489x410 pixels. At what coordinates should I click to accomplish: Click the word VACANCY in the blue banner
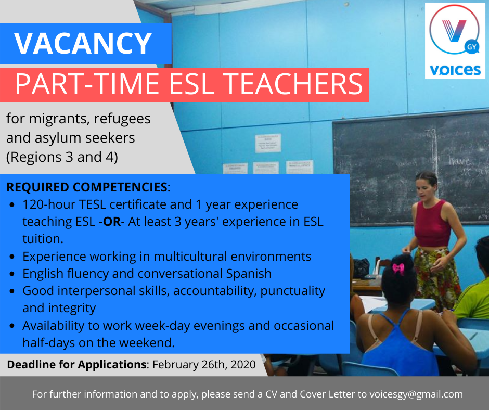coord(83,43)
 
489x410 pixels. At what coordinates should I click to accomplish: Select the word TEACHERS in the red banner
coord(293,84)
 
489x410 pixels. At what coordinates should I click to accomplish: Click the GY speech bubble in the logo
coord(471,47)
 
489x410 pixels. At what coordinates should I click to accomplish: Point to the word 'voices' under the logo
coord(455,70)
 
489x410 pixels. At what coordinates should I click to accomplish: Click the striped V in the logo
coord(454,31)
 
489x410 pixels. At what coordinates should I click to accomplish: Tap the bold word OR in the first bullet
coord(112,222)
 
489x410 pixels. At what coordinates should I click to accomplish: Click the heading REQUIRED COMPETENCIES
coord(87,187)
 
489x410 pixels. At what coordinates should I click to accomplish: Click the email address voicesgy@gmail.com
coord(416,394)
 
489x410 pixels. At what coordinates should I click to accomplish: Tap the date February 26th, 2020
coord(204,364)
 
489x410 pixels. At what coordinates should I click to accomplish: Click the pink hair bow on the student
coord(398,268)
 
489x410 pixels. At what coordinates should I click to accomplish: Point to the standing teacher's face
coord(424,189)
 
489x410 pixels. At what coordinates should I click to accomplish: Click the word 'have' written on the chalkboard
coord(459,161)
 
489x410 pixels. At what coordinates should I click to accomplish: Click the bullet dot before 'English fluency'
coord(12,274)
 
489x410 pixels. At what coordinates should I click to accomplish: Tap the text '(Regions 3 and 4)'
coord(62,157)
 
